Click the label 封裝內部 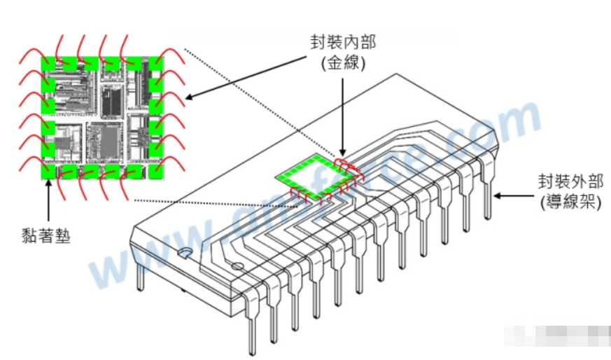pyautogui.click(x=343, y=43)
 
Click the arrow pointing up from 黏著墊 pyautogui.click(x=47, y=200)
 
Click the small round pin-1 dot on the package pyautogui.click(x=237, y=266)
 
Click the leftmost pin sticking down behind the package pyautogui.click(x=141, y=277)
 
